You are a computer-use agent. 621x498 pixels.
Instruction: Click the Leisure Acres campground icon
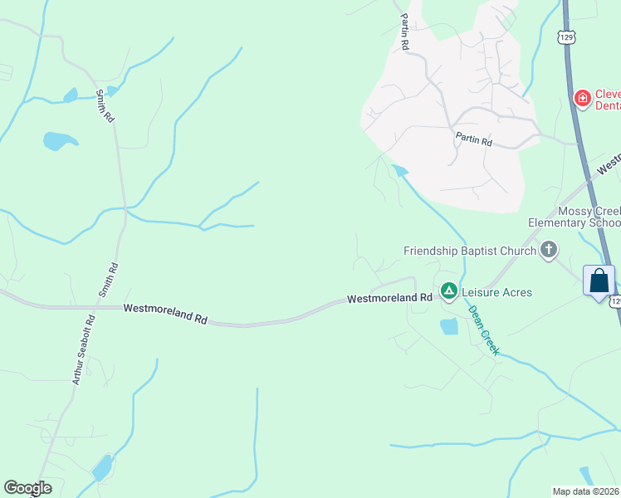tap(448, 290)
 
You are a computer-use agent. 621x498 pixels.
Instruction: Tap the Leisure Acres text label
tap(496, 292)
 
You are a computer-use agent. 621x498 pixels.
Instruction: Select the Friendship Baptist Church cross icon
tap(548, 250)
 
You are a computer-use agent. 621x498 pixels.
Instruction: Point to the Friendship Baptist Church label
tap(469, 251)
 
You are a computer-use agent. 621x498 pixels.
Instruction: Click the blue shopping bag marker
tap(599, 281)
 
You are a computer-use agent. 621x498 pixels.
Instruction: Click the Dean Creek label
tap(484, 330)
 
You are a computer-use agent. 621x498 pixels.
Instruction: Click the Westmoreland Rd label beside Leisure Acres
tap(389, 298)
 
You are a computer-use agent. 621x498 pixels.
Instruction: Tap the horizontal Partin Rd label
tap(474, 142)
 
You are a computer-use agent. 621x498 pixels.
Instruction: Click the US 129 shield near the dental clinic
tap(566, 37)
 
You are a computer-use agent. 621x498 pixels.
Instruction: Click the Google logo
tap(27, 488)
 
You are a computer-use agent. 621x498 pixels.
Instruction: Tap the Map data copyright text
tap(586, 491)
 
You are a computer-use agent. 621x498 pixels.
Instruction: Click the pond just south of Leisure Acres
tap(449, 326)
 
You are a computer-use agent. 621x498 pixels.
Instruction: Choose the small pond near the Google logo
tap(102, 467)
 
